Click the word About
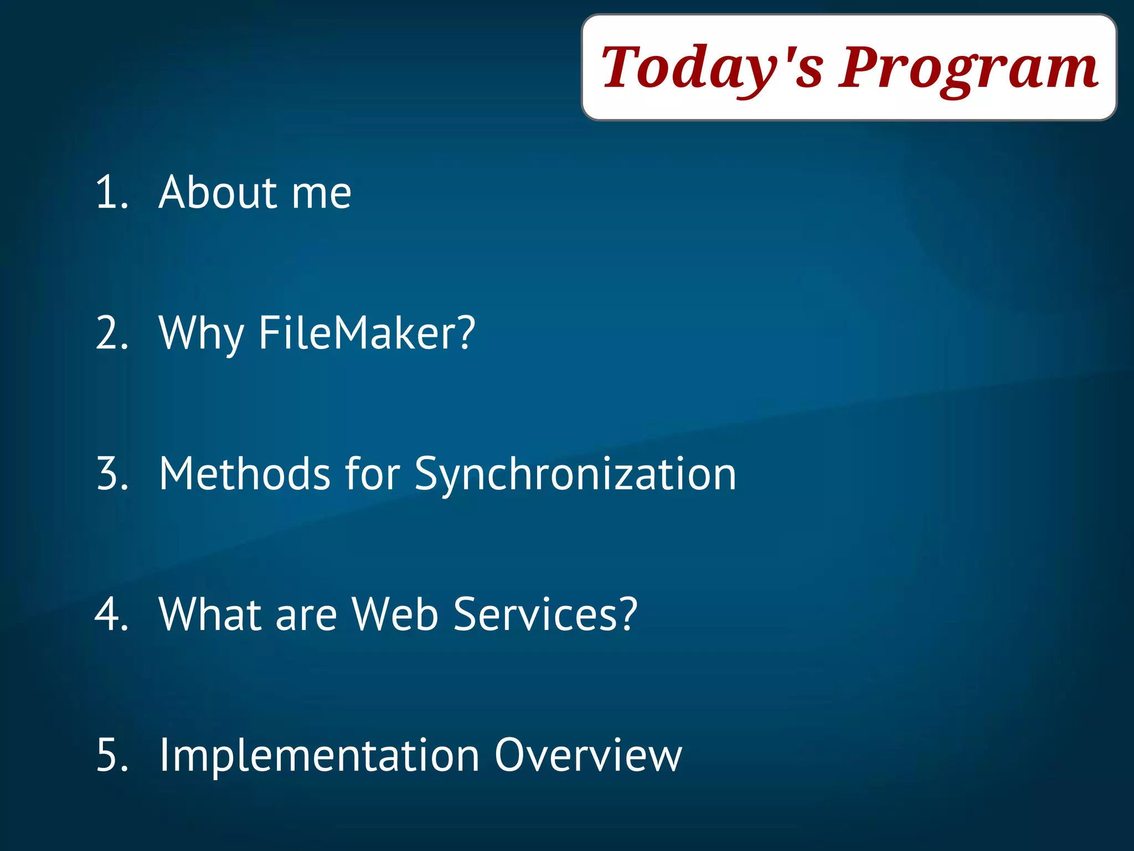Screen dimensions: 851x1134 tap(218, 192)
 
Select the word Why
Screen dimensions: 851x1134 tap(201, 334)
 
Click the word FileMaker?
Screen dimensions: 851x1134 tap(367, 333)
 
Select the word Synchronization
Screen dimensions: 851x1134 tap(575, 475)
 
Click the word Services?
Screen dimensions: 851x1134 tap(545, 614)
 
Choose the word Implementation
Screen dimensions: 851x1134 tap(319, 756)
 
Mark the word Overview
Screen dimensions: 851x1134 tap(588, 755)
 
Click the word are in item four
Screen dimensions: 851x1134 tap(306, 617)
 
